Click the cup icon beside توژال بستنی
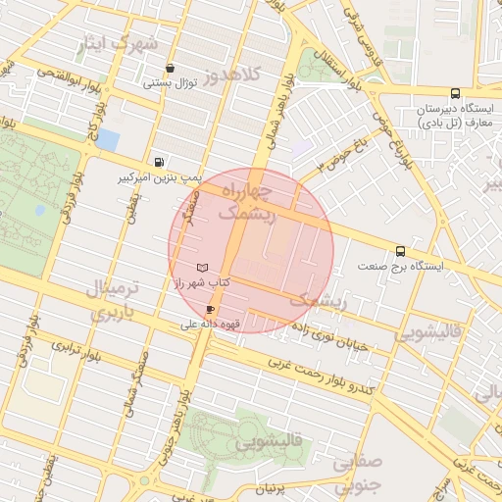pyautogui.click(x=172, y=68)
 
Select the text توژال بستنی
pyautogui.click(x=172, y=83)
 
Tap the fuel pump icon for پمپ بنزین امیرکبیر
pyautogui.click(x=158, y=163)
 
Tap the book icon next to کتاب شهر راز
pyautogui.click(x=202, y=267)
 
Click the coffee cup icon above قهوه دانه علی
pyautogui.click(x=210, y=309)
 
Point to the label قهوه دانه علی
pyautogui.click(x=206, y=323)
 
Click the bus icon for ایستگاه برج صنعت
pyautogui.click(x=400, y=251)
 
